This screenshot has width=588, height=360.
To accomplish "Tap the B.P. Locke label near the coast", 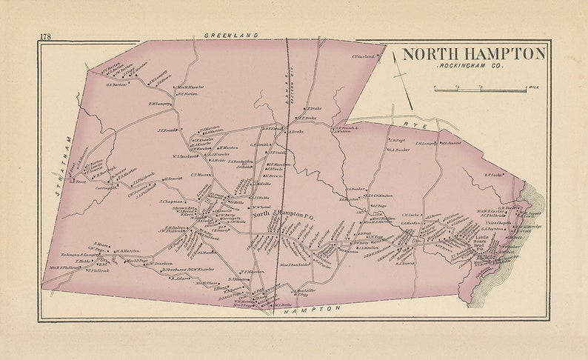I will pyautogui.click(x=494, y=176).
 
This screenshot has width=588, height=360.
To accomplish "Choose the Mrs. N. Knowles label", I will pyautogui.click(x=190, y=87).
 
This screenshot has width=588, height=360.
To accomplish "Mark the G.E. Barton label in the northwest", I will pyautogui.click(x=118, y=84).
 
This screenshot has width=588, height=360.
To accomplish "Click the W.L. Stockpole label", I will pyautogui.click(x=187, y=156).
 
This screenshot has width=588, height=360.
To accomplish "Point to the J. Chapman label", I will pyautogui.click(x=171, y=201).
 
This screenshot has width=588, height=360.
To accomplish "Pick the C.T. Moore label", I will pyautogui.click(x=201, y=176).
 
